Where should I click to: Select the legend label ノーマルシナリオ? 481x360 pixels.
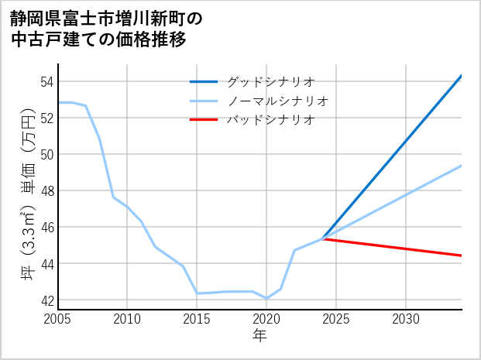click(277, 101)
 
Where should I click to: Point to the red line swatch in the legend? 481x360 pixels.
click(204, 119)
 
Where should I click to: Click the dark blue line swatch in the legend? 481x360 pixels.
click(204, 81)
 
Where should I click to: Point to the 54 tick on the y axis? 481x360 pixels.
click(46, 81)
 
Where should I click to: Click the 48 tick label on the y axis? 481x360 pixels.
click(46, 190)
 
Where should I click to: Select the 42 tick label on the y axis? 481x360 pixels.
click(46, 300)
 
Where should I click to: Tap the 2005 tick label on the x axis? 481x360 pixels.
click(58, 319)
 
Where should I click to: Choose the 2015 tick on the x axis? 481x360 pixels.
click(198, 319)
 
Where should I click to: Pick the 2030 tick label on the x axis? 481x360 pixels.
click(406, 319)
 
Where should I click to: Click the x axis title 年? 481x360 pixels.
click(259, 336)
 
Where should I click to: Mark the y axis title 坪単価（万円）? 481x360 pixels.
click(27, 190)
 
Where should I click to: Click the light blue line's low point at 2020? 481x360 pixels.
click(266, 298)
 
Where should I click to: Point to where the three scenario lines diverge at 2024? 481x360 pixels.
click(322, 238)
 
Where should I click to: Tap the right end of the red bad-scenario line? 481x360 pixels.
click(462, 255)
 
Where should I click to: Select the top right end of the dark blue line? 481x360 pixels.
click(462, 76)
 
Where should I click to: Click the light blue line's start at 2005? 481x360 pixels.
click(58, 102)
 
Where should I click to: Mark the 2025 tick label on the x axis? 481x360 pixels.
click(336, 319)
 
